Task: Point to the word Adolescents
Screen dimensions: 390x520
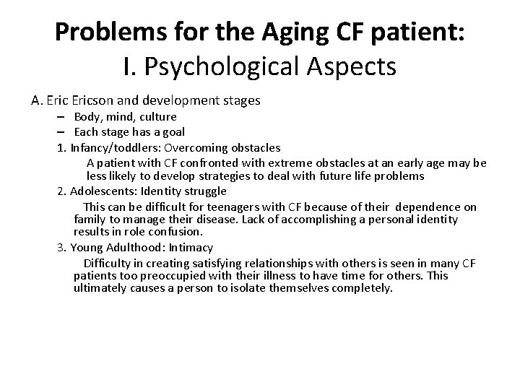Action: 103,191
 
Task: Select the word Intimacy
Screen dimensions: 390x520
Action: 191,247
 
